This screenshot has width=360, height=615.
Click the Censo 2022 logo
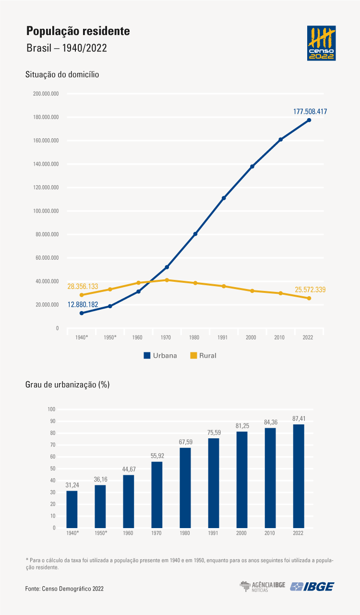pyautogui.click(x=321, y=43)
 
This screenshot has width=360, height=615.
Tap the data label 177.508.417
pyautogui.click(x=310, y=111)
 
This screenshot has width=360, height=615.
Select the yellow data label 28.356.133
pyautogui.click(x=83, y=286)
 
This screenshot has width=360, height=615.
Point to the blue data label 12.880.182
pyautogui.click(x=83, y=304)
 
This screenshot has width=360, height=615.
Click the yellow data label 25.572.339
pyautogui.click(x=310, y=289)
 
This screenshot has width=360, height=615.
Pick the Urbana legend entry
pyautogui.click(x=160, y=356)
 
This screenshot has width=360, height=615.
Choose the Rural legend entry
pyautogui.click(x=203, y=356)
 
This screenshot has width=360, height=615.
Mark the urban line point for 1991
pyautogui.click(x=224, y=198)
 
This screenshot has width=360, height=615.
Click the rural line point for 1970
pyautogui.click(x=167, y=280)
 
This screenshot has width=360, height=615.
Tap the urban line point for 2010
pyautogui.click(x=280, y=140)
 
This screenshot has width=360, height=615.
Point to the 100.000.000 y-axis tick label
pyautogui.click(x=46, y=211)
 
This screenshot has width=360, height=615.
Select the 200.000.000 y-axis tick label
pyautogui.click(x=46, y=94)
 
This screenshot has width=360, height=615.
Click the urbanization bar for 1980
pyautogui.click(x=185, y=488)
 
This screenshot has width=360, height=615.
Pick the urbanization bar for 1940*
pyautogui.click(x=72, y=509)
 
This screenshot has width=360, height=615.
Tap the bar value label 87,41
pyautogui.click(x=299, y=419)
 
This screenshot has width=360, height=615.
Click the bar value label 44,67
pyautogui.click(x=129, y=469)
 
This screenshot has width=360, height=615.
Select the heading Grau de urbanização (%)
pyautogui.click(x=68, y=385)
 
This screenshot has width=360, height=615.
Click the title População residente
pyautogui.click(x=78, y=31)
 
